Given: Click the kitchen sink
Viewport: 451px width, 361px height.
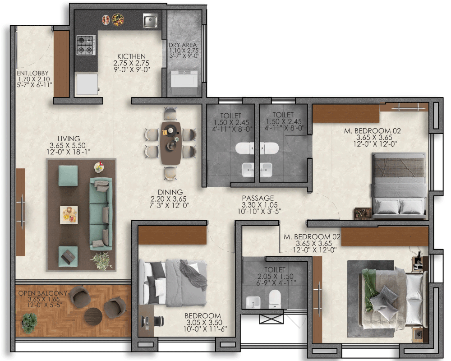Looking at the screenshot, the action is (x=150, y=21).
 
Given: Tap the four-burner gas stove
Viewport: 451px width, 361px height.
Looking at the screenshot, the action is (x=86, y=45).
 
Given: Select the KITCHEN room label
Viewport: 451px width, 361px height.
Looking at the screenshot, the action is (x=131, y=56).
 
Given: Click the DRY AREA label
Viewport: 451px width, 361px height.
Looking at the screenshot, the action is (x=183, y=45).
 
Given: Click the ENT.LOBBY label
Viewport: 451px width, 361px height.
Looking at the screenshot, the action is (x=32, y=73).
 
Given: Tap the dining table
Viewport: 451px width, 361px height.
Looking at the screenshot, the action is (x=171, y=143).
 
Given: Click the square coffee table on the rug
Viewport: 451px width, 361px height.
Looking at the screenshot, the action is (x=69, y=215).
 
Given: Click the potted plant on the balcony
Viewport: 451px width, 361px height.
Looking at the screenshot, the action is (x=30, y=323).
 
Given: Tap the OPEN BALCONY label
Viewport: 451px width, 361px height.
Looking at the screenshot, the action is (x=42, y=293).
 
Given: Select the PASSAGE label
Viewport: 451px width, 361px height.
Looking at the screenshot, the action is (x=258, y=198).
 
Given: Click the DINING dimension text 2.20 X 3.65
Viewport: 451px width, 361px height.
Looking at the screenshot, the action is (x=169, y=199).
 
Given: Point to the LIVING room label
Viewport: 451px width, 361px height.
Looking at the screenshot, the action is (x=69, y=139).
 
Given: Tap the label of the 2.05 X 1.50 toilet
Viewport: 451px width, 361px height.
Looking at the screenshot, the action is (x=275, y=270).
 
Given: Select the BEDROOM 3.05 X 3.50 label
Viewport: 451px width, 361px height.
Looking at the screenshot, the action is (x=203, y=316).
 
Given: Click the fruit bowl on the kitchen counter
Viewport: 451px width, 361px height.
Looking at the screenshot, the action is (x=118, y=20).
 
